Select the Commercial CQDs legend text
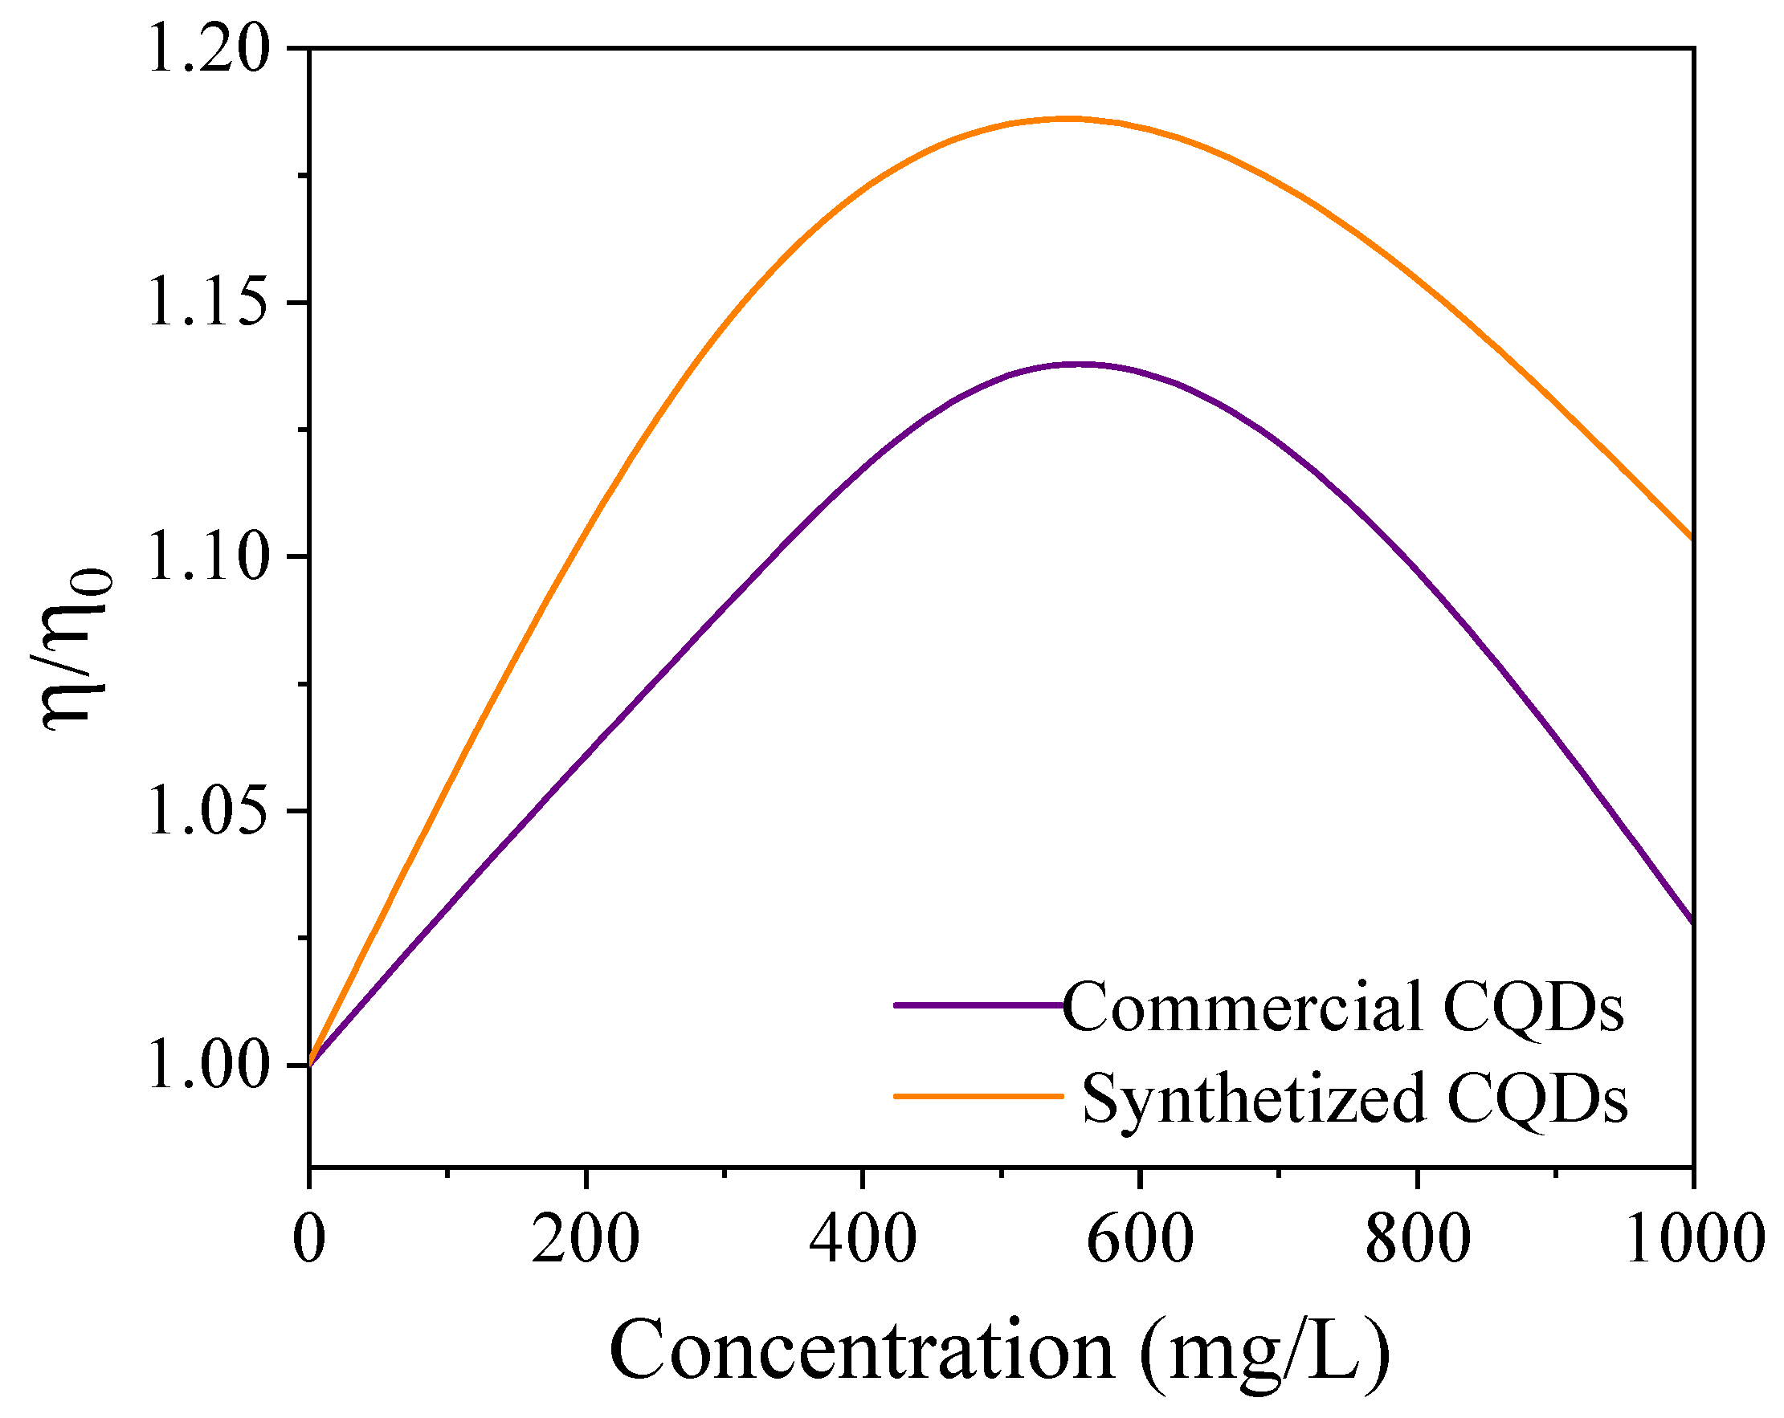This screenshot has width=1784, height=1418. tap(1342, 1006)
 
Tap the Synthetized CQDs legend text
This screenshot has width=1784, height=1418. tap(1354, 1098)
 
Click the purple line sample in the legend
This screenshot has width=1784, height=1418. tap(978, 1005)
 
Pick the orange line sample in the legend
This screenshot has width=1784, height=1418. tap(978, 1096)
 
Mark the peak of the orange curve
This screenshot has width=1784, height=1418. tap(1068, 118)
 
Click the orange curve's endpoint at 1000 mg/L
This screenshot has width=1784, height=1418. tap(1692, 538)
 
